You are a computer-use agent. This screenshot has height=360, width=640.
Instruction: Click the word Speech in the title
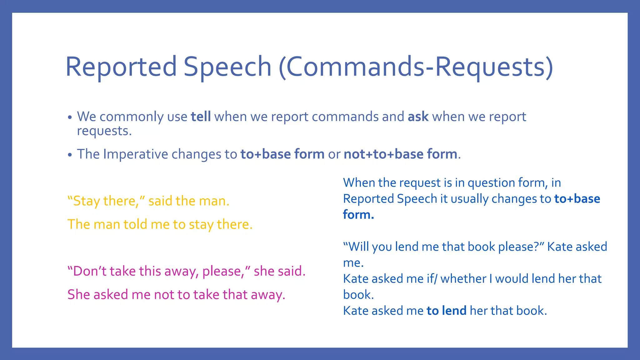pyautogui.click(x=227, y=67)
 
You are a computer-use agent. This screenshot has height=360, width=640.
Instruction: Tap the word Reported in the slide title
pyautogui.click(x=121, y=67)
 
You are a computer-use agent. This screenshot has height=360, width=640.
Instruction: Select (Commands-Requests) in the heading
pyautogui.click(x=416, y=67)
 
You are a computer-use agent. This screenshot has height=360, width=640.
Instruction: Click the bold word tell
pyautogui.click(x=201, y=117)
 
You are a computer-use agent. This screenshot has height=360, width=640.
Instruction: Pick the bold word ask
pyautogui.click(x=418, y=117)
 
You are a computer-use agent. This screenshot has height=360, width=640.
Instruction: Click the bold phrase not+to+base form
pyautogui.click(x=400, y=154)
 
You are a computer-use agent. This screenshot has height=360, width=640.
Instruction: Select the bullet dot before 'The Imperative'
pyautogui.click(x=70, y=155)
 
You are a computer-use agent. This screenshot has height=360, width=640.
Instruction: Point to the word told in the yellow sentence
pyautogui.click(x=135, y=224)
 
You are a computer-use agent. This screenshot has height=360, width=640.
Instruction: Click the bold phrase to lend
pyautogui.click(x=446, y=311)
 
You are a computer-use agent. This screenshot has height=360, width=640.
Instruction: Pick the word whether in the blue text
pyautogui.click(x=462, y=279)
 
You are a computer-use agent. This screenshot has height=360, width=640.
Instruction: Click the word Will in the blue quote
pyautogui.click(x=358, y=247)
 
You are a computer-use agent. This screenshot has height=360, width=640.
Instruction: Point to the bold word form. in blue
pyautogui.click(x=358, y=215)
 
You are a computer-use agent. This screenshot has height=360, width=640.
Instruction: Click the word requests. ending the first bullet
pyautogui.click(x=104, y=131)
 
